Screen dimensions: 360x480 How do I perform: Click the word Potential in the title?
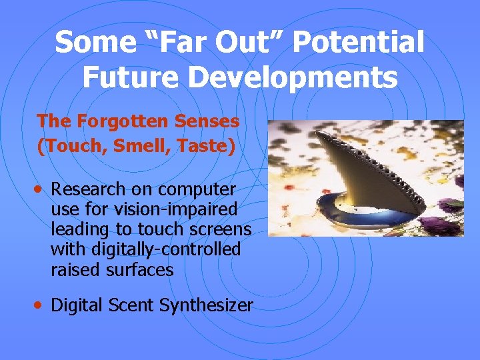(x=357, y=43)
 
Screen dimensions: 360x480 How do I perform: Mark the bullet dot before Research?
(x=41, y=190)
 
